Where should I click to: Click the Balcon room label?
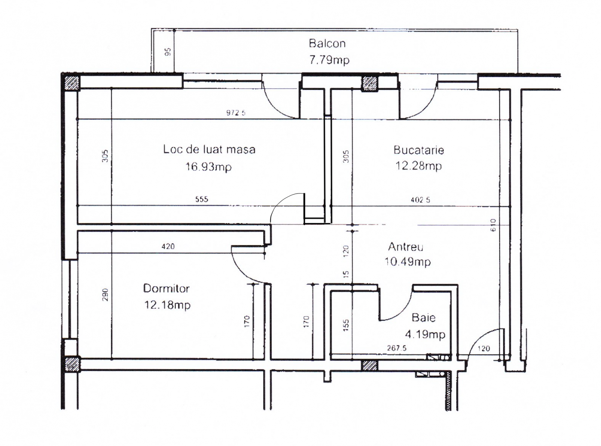click(x=327, y=43)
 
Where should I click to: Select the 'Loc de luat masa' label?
click(x=209, y=149)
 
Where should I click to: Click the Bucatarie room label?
click(x=418, y=150)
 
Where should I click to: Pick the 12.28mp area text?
click(x=418, y=166)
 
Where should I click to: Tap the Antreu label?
click(x=406, y=247)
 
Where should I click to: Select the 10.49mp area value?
click(x=408, y=262)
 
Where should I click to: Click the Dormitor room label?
click(x=166, y=289)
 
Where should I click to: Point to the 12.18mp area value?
click(x=168, y=305)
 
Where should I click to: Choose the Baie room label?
click(x=424, y=318)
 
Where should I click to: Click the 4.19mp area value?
click(x=425, y=334)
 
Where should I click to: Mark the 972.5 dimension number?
click(x=236, y=113)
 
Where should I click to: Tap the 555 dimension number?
click(x=202, y=199)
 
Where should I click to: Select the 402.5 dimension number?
click(x=420, y=200)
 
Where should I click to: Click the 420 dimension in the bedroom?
click(x=168, y=247)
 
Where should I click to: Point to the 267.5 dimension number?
click(x=397, y=348)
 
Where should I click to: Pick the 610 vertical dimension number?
click(x=493, y=225)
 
